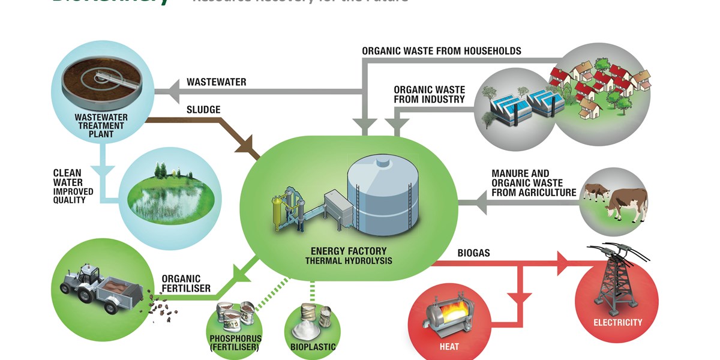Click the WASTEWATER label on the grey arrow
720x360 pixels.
pyautogui.click(x=216, y=82)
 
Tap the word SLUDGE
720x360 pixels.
pyautogui.click(x=203, y=110)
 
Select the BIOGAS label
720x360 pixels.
pyautogui.click(x=473, y=253)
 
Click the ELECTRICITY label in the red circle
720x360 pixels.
pyautogui.click(x=617, y=322)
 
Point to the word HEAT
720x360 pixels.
pyautogui.click(x=449, y=346)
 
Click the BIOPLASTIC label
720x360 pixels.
pyautogui.click(x=313, y=346)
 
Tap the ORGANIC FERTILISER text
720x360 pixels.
pyautogui.click(x=186, y=283)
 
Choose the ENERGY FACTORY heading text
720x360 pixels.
pyautogui.click(x=349, y=251)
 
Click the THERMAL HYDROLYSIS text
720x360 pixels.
pyautogui.click(x=349, y=261)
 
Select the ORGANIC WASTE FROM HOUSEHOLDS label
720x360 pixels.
pyautogui.click(x=442, y=51)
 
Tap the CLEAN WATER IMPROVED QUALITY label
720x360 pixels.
pyautogui.click(x=69, y=187)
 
